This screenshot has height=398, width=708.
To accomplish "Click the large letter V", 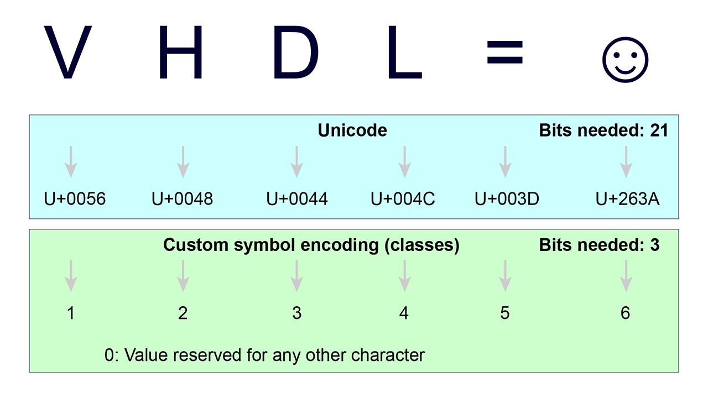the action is tap(67, 53).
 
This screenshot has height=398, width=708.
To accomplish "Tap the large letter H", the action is tap(181, 53).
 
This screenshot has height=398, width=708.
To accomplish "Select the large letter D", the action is tap(295, 53).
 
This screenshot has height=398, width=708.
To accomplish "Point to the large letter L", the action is tap(403, 53).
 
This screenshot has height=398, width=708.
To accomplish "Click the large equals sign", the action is tap(504, 53).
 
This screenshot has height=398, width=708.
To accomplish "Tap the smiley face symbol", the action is tap(625, 59).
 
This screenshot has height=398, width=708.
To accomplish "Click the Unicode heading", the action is tap(352, 130).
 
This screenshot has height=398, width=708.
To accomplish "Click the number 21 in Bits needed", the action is tap(659, 130).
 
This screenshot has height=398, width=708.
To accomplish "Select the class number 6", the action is tap(625, 313).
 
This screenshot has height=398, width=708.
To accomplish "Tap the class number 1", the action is tap(71, 313).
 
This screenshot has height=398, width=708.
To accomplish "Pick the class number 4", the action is tap(404, 313).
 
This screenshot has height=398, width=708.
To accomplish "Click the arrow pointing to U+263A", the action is tap(626, 161).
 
